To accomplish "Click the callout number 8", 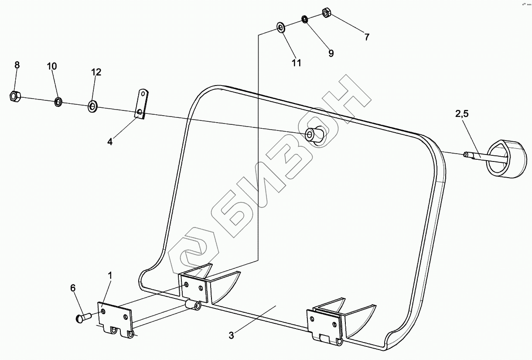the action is click(17, 65).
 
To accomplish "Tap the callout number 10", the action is click(51, 66).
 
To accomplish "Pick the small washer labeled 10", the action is click(58, 102).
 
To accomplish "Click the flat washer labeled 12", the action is click(92, 106).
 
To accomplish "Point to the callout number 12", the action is click(96, 72).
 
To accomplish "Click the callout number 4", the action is click(110, 142).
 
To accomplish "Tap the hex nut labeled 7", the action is click(326, 13).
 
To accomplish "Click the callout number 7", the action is click(367, 38).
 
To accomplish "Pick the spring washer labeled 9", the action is click(304, 19).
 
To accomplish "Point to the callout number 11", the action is click(297, 63).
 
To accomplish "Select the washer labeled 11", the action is click(280, 27).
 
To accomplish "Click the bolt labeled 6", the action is click(82, 317).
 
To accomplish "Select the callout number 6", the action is click(73, 288).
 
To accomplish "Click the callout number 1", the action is click(110, 276).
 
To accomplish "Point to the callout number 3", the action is click(231, 336).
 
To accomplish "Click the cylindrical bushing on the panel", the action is click(315, 134).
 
